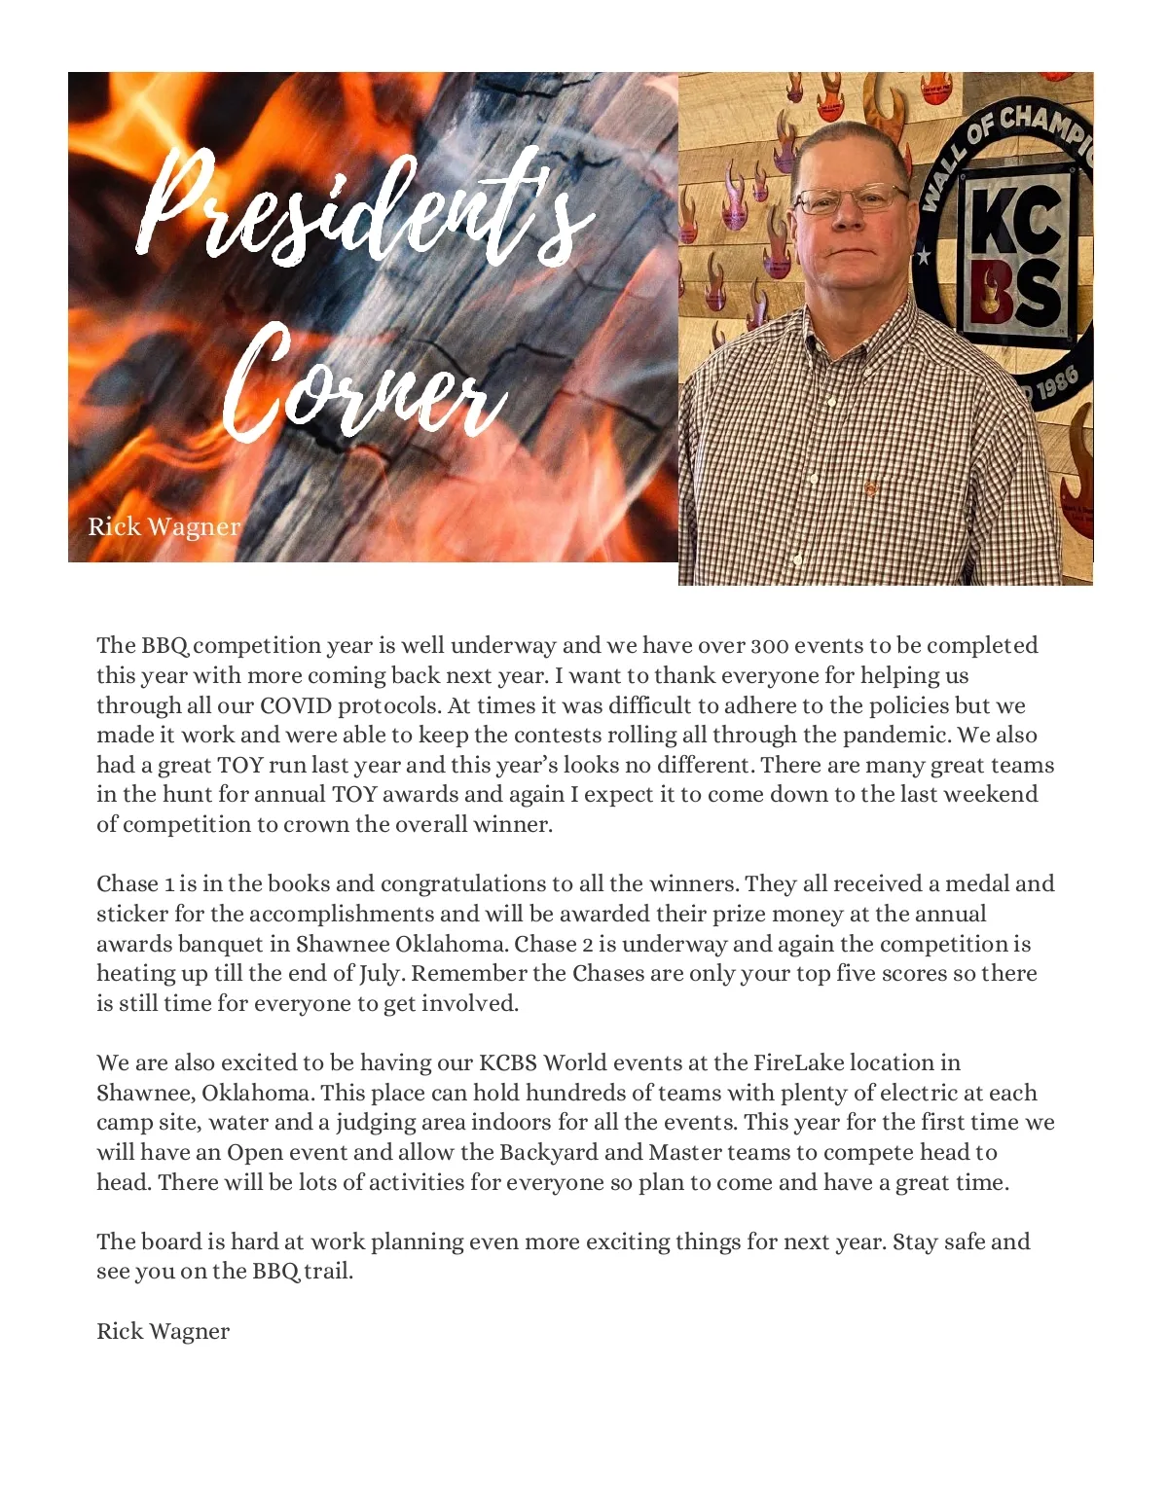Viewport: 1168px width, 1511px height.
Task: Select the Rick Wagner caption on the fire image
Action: (164, 526)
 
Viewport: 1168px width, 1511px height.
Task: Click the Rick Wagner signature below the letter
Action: (163, 1331)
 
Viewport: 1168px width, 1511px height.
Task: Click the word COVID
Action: (296, 705)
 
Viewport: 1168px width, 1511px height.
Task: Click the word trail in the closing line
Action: (328, 1272)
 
